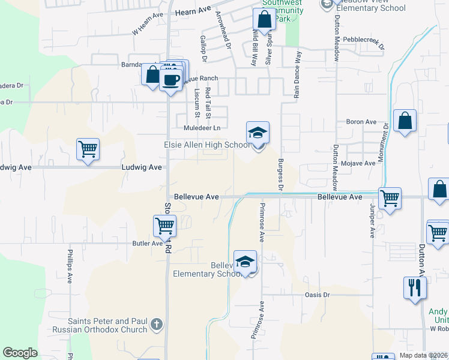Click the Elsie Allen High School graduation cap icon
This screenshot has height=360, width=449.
click(x=258, y=133)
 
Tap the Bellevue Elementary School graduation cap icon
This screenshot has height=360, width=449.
click(x=245, y=262)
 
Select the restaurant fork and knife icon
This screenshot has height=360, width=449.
click(x=415, y=287)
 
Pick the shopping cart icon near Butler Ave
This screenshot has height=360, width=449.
click(x=164, y=226)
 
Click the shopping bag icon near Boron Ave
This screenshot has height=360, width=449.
click(x=405, y=120)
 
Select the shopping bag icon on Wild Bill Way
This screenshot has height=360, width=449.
click(x=264, y=19)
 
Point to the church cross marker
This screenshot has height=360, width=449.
click(x=157, y=325)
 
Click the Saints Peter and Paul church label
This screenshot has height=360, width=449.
click(x=108, y=325)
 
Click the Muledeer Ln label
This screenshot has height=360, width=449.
click(x=202, y=128)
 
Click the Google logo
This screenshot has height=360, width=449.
click(x=20, y=353)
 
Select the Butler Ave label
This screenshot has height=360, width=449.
click(x=148, y=244)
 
